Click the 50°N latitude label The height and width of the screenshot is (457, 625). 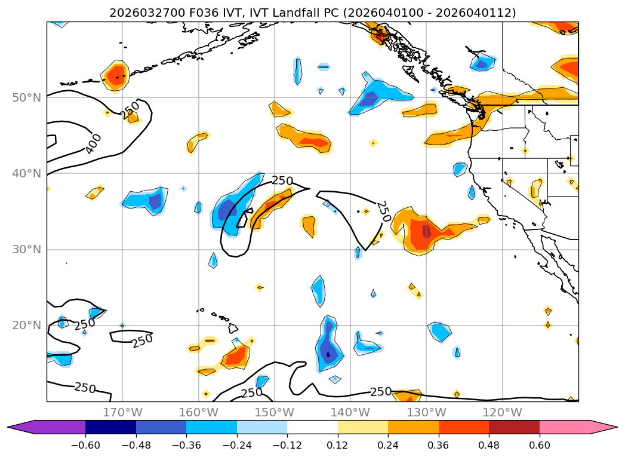tap(27, 97)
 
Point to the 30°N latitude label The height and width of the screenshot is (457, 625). tap(27, 249)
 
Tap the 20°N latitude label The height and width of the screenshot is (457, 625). tap(27, 325)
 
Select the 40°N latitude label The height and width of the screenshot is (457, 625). tap(27, 173)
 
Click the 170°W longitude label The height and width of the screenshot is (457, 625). tap(123, 412)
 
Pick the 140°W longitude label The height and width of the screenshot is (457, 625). tap(350, 412)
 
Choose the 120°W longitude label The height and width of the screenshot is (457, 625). tap(502, 412)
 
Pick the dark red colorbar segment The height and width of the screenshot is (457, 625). tap(514, 427)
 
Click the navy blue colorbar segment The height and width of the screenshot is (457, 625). tap(110, 427)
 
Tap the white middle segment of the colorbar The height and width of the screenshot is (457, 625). tap(312, 427)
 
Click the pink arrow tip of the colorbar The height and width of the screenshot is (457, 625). tap(603, 427)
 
